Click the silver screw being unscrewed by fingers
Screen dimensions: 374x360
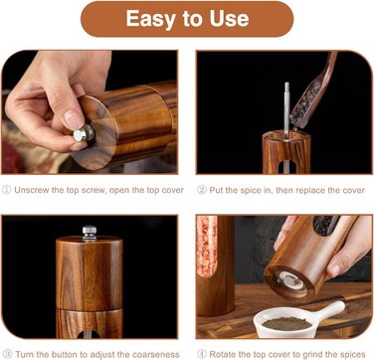[84, 133]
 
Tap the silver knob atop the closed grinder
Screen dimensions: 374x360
[90, 233]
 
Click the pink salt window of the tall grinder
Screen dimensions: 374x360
[207, 247]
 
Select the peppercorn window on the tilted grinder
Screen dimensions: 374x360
[326, 225]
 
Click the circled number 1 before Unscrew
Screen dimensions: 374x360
[7, 190]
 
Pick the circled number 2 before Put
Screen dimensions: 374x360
[202, 190]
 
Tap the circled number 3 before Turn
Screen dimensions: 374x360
[7, 354]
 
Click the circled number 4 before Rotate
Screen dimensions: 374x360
[202, 354]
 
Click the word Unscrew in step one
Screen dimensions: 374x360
[30, 190]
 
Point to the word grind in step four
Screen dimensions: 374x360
[305, 355]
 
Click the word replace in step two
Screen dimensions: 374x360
[311, 191]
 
